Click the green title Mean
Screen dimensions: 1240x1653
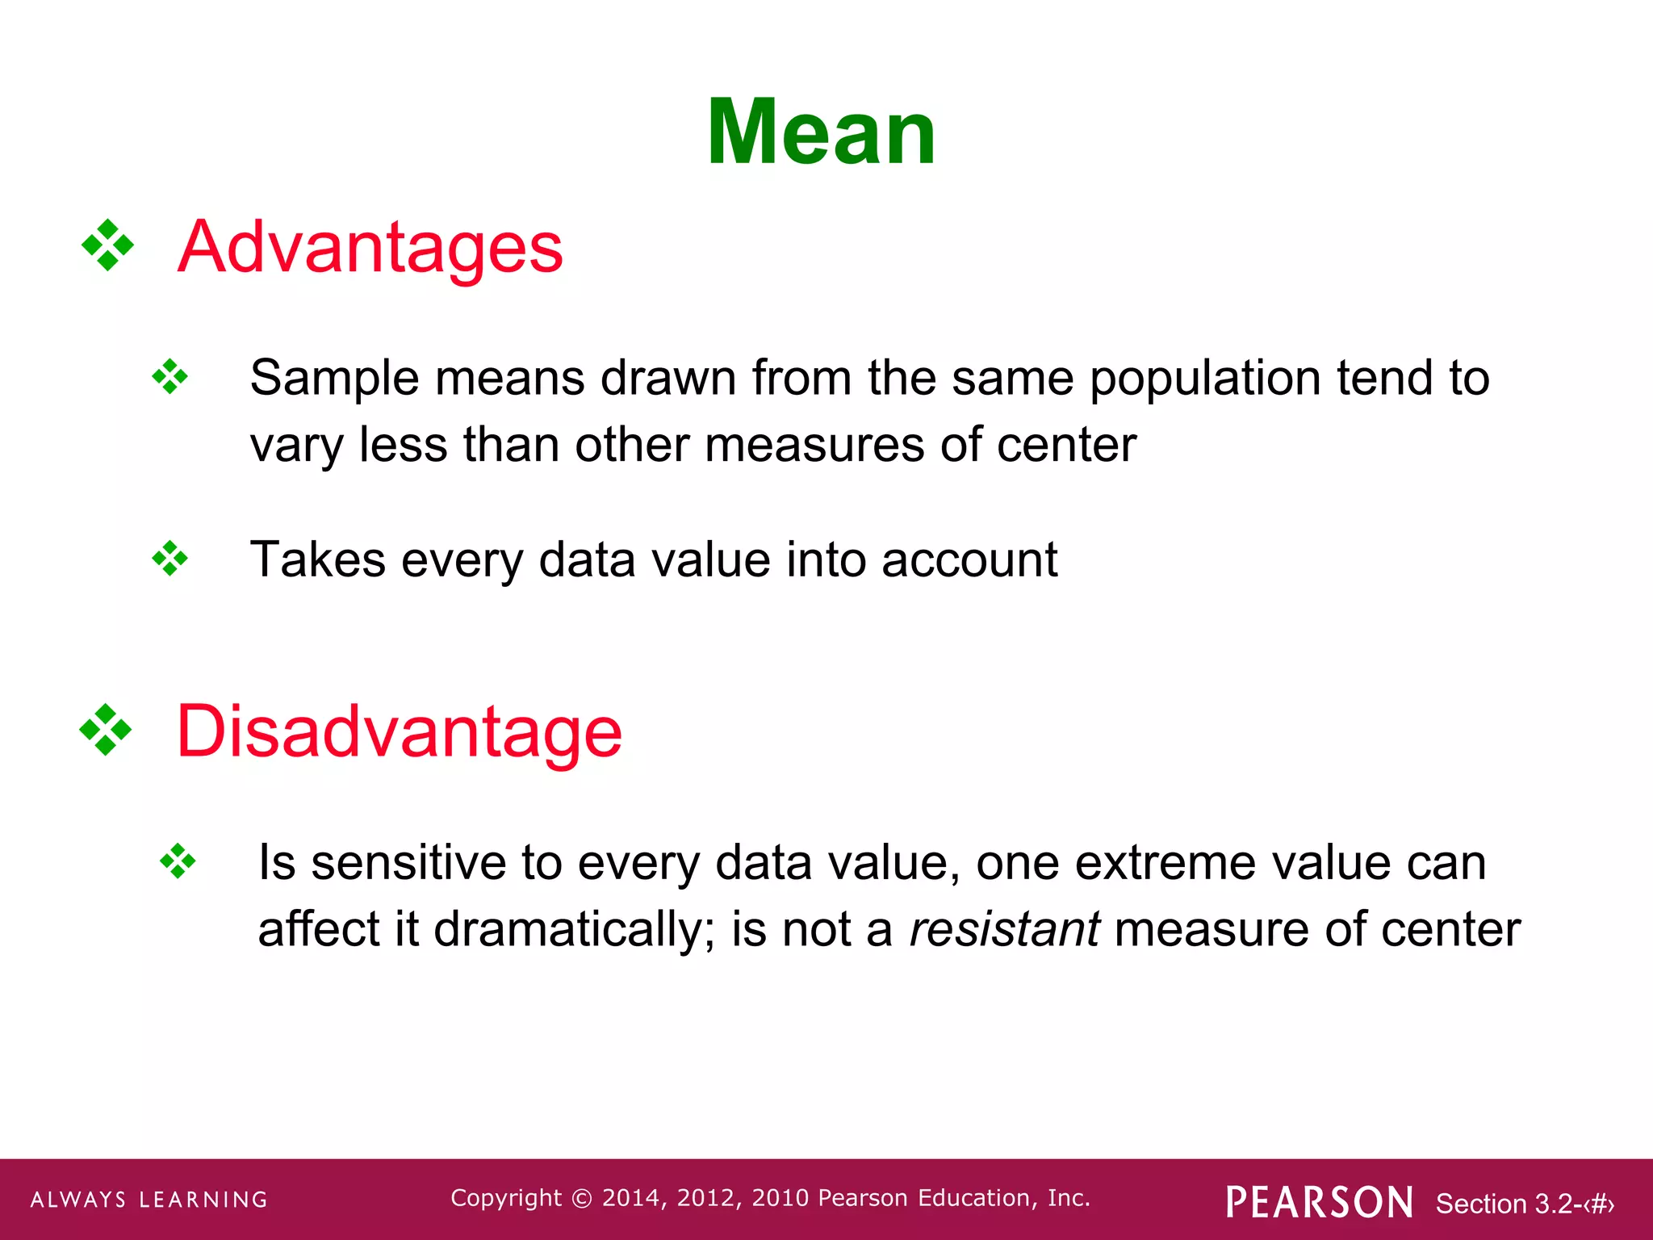click(821, 132)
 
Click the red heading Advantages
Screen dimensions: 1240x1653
click(370, 247)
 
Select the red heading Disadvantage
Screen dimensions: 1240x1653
click(399, 731)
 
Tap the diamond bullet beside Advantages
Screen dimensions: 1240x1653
click(107, 245)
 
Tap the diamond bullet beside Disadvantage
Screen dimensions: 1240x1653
click(106, 730)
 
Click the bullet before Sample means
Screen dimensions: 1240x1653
click(169, 376)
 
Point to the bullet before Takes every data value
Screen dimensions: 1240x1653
click(169, 559)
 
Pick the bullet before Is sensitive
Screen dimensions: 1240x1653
click(178, 861)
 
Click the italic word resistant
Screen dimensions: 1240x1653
click(1003, 929)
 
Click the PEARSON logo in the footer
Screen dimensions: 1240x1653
click(1319, 1202)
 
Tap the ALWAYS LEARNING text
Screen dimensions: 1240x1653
click(149, 1200)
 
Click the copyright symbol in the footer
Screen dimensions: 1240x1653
click(581, 1199)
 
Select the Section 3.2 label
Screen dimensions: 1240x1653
click(1524, 1204)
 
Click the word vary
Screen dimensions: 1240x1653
click(296, 446)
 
